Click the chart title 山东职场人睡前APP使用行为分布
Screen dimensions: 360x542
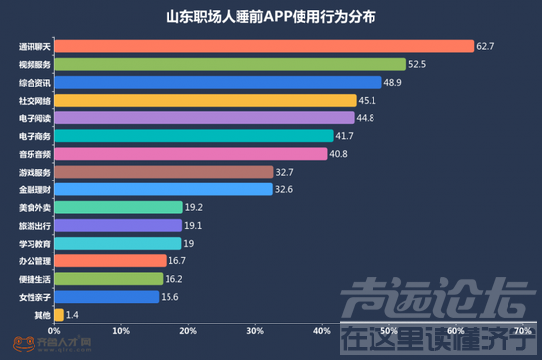pyautogui.click(x=270, y=18)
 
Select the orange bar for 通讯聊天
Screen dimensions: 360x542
pyautogui.click(x=263, y=46)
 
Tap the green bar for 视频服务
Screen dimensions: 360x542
pyautogui.click(x=230, y=64)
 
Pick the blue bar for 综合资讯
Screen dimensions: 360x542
pyautogui.click(x=217, y=82)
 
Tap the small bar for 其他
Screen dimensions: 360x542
pyautogui.click(x=59, y=315)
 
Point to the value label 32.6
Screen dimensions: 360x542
pyautogui.click(x=285, y=189)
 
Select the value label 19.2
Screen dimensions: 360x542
pyautogui.click(x=195, y=207)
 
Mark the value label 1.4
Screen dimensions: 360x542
pyautogui.click(x=74, y=315)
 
